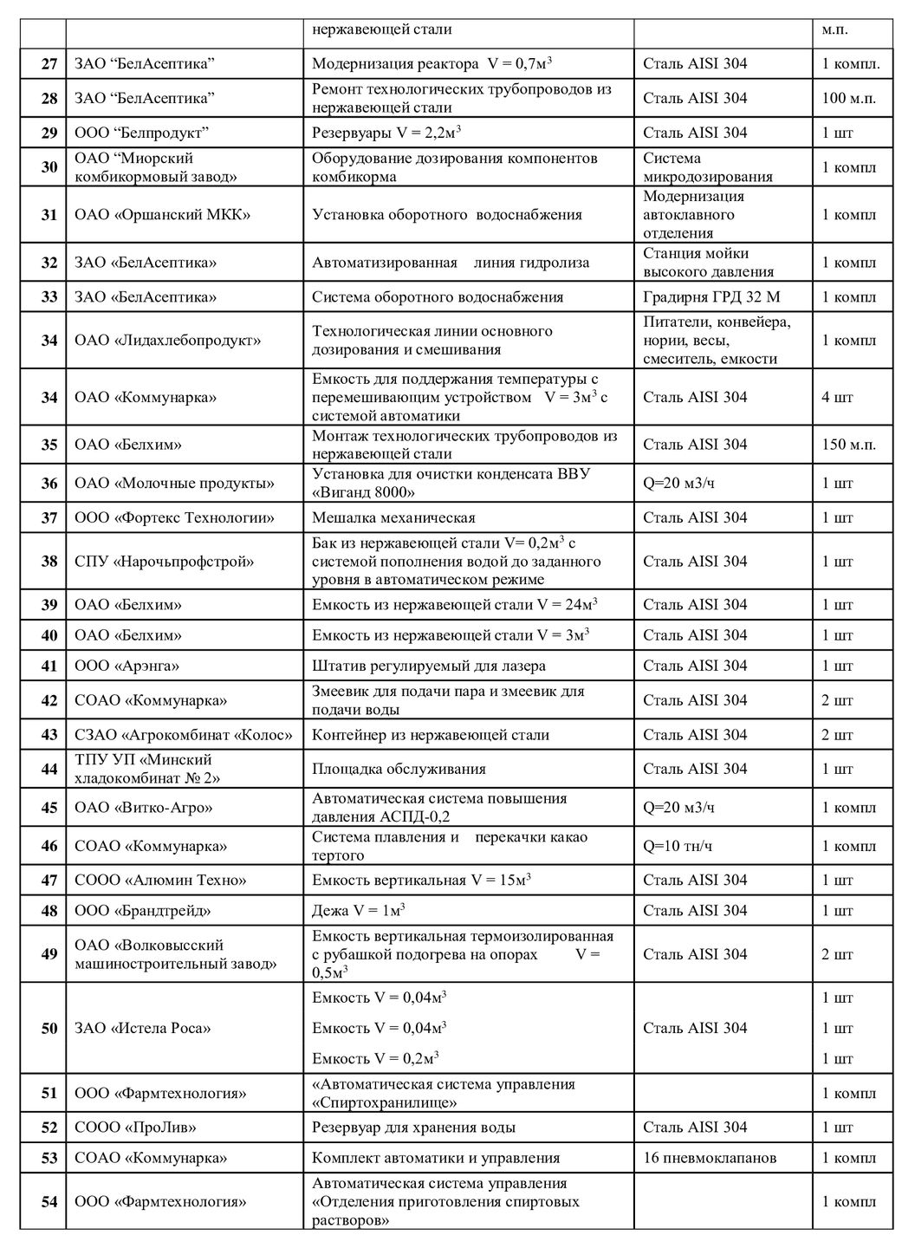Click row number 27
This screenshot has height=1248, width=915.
pyautogui.click(x=49, y=64)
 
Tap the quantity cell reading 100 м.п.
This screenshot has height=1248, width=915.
pyautogui.click(x=848, y=98)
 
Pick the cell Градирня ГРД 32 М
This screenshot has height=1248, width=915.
pyautogui.click(x=711, y=297)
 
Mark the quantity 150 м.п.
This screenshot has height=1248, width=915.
pyautogui.click(x=848, y=445)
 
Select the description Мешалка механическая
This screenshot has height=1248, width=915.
pyautogui.click(x=393, y=518)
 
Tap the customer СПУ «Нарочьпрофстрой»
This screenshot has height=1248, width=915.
pyautogui.click(x=165, y=562)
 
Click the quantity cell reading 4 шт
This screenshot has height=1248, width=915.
pyautogui.click(x=837, y=398)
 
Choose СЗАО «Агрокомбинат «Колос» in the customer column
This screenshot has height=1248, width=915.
pyautogui.click(x=184, y=735)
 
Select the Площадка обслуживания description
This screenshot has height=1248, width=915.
pyautogui.click(x=399, y=769)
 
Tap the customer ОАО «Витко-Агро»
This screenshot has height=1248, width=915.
pyautogui.click(x=144, y=808)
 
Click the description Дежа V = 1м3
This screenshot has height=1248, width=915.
pyautogui.click(x=359, y=911)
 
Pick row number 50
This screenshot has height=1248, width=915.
pyautogui.click(x=49, y=1029)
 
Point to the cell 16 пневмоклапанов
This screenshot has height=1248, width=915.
pyautogui.click(x=710, y=1158)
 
